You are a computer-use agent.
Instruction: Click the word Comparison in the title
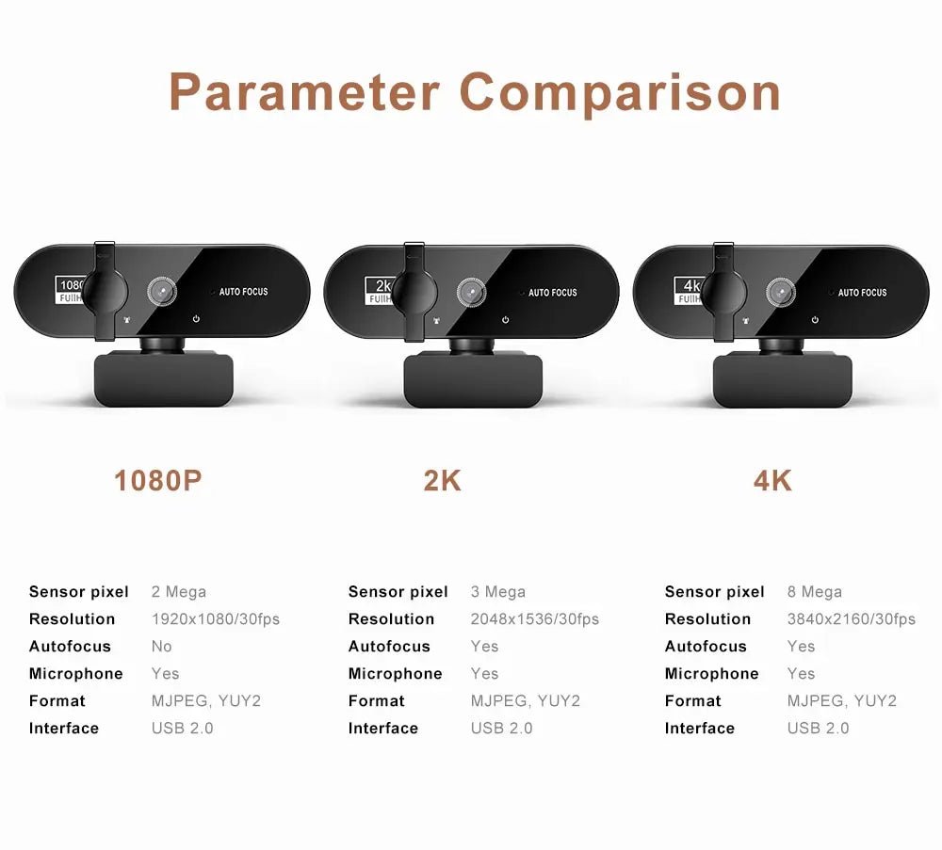coord(620,93)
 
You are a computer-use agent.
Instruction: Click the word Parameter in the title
coord(304,93)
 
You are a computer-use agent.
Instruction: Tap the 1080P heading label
coord(158,481)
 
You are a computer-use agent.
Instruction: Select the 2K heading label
coord(442,481)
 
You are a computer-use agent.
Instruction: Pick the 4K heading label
coord(772,481)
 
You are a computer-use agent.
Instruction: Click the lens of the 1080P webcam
coord(161,293)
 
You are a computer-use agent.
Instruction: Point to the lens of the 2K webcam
coord(470,293)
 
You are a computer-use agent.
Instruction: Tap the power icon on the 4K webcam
coord(815,320)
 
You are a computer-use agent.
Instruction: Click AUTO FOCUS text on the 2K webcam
coord(553,293)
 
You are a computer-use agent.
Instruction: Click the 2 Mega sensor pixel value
coord(178,592)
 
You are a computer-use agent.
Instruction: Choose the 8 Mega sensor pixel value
coord(814,592)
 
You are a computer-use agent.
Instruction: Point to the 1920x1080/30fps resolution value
coord(215,619)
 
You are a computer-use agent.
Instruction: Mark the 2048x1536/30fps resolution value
coord(534,619)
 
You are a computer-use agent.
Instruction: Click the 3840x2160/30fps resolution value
coord(851,619)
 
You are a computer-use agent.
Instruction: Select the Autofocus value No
coord(161,647)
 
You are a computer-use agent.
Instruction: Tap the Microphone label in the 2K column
coord(395,674)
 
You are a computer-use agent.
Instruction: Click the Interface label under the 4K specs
coord(698,729)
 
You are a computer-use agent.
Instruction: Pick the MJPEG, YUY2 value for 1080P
coord(205,701)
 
